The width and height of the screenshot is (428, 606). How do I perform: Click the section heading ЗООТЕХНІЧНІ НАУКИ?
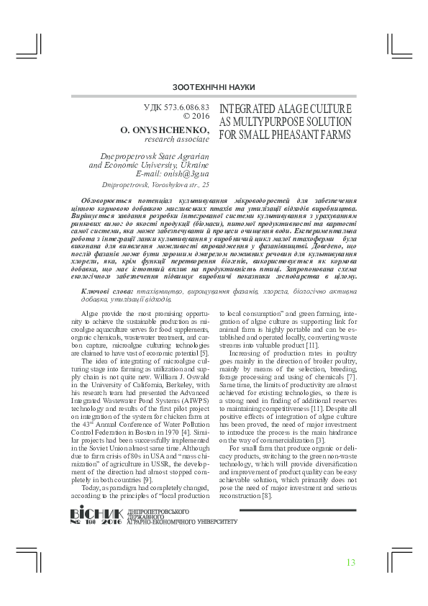click(214, 87)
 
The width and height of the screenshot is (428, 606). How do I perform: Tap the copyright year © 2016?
click(196, 117)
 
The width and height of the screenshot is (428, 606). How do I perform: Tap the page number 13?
click(351, 562)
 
